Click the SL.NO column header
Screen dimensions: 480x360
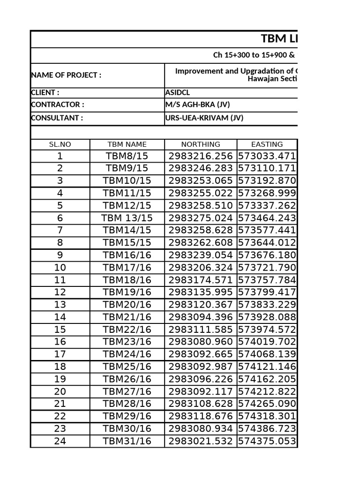point(60,144)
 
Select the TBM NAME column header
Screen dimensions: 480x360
point(127,144)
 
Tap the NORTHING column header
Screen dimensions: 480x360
point(200,144)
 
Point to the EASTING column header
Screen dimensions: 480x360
point(267,144)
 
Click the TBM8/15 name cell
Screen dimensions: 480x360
point(127,156)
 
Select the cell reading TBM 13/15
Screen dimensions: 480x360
point(127,218)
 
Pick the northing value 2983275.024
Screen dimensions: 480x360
point(200,218)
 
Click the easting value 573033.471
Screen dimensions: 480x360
point(267,156)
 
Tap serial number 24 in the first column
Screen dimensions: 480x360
point(60,441)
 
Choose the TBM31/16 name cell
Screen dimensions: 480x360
point(127,441)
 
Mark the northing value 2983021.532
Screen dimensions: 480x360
point(200,441)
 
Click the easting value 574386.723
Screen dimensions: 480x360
point(267,428)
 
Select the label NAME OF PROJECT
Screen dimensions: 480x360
point(66,75)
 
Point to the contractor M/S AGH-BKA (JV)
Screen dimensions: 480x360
point(197,105)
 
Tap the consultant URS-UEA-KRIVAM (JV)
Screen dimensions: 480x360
point(204,118)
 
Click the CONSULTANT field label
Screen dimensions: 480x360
point(57,118)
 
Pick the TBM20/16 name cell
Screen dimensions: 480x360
point(127,305)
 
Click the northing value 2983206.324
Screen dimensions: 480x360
point(200,268)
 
